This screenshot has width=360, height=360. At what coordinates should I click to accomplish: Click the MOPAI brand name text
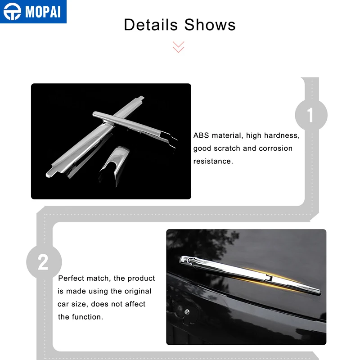[x=43, y=12]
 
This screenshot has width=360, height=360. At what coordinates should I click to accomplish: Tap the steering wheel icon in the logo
[x=13, y=12]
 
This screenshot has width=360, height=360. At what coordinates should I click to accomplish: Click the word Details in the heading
[x=151, y=25]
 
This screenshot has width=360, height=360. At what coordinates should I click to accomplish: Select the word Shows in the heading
[x=210, y=25]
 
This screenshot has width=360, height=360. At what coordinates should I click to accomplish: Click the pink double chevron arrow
[x=178, y=47]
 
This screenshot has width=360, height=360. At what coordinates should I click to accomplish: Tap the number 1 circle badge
[x=311, y=115]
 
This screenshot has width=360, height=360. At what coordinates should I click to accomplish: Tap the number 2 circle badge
[x=44, y=262]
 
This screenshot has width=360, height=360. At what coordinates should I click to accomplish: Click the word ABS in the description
[x=201, y=135]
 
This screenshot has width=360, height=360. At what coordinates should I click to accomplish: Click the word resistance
[x=213, y=161]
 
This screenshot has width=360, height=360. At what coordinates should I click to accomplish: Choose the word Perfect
[x=71, y=278]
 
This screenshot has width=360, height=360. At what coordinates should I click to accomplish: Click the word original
[x=138, y=291]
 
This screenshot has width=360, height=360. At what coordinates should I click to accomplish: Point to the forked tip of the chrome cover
[x=170, y=139]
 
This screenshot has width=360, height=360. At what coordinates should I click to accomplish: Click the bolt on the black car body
[x=187, y=312]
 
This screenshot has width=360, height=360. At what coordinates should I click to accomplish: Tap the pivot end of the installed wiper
[x=187, y=261]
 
